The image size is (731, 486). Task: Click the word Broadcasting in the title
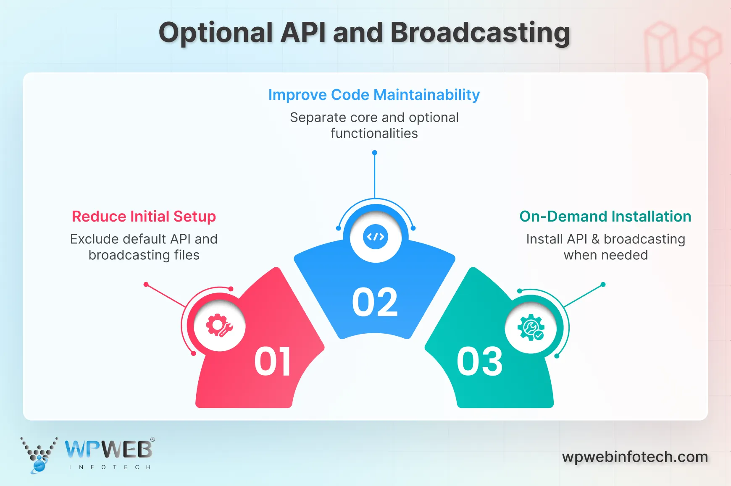coord(480,33)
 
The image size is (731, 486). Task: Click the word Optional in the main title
coord(216,33)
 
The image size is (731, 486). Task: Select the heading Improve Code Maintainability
coord(374,95)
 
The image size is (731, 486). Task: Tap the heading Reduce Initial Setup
coord(144,217)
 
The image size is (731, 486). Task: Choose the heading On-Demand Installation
coord(605,217)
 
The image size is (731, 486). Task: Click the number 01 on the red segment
coord(273,361)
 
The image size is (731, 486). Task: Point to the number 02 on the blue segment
coord(375,302)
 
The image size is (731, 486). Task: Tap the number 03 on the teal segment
coord(479,361)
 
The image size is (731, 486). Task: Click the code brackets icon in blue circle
coord(376,237)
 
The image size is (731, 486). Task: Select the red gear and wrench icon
coord(219,325)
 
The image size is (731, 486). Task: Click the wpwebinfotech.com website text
coord(635,457)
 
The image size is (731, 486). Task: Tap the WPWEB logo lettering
coord(108,450)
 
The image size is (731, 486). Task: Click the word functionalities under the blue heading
coord(374,133)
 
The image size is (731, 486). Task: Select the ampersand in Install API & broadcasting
coord(595,239)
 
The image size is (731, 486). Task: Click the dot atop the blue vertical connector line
coord(375,153)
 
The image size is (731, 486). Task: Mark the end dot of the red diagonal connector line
coord(146,285)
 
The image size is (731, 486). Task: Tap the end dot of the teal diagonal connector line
coord(603,285)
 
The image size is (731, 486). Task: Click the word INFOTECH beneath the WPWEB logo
coord(110,467)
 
